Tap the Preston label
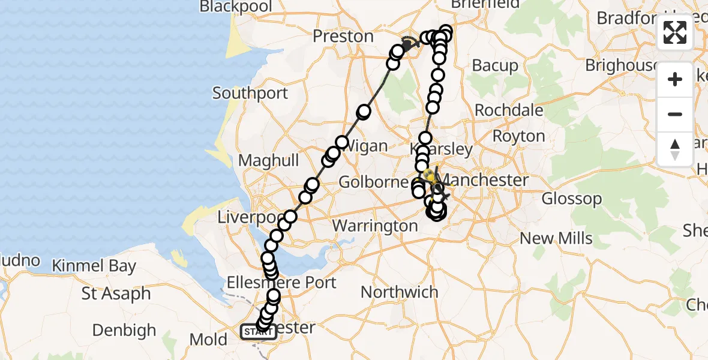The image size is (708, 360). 343,36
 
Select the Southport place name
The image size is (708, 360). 250,93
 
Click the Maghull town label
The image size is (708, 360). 268,161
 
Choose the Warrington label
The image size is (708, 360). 375,226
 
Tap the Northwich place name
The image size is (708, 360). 400,292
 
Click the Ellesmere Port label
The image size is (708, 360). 281,282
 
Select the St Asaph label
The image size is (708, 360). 116,294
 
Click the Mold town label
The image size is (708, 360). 208,340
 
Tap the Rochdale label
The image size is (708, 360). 509,110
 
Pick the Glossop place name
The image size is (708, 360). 571,199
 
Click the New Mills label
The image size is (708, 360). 556,238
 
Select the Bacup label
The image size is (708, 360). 495,65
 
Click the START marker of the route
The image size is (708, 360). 258,331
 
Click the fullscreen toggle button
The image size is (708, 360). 675,32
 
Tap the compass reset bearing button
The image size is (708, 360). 675,149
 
